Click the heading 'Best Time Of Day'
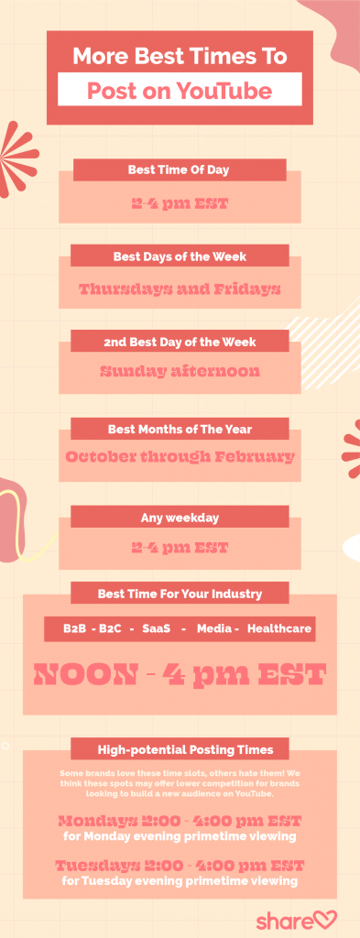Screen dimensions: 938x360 pyautogui.click(x=179, y=169)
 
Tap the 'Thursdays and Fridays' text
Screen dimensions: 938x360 pyautogui.click(x=180, y=289)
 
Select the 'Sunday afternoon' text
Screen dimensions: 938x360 pyautogui.click(x=180, y=371)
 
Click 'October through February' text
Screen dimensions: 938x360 pyautogui.click(x=180, y=456)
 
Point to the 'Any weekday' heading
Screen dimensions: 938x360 pyautogui.click(x=180, y=518)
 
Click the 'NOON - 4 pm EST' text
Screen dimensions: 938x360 pyautogui.click(x=180, y=675)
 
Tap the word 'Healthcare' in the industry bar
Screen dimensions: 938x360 pyautogui.click(x=279, y=629)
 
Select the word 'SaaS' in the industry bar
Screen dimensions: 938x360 pyautogui.click(x=157, y=629)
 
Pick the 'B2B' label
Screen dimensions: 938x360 pyautogui.click(x=75, y=629)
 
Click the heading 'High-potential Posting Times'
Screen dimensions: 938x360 pyautogui.click(x=180, y=748)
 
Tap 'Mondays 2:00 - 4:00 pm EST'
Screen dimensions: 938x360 pyautogui.click(x=180, y=820)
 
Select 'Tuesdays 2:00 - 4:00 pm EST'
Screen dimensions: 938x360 pyautogui.click(x=180, y=866)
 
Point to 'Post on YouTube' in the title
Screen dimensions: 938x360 pyautogui.click(x=180, y=91)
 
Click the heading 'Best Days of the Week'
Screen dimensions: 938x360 pyautogui.click(x=180, y=256)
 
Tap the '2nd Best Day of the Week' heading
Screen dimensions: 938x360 pyautogui.click(x=180, y=342)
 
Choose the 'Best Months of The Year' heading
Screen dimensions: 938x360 pyautogui.click(x=180, y=428)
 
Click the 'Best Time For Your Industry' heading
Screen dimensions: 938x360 pyautogui.click(x=180, y=594)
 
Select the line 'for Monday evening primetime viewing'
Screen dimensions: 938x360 pyautogui.click(x=180, y=835)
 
